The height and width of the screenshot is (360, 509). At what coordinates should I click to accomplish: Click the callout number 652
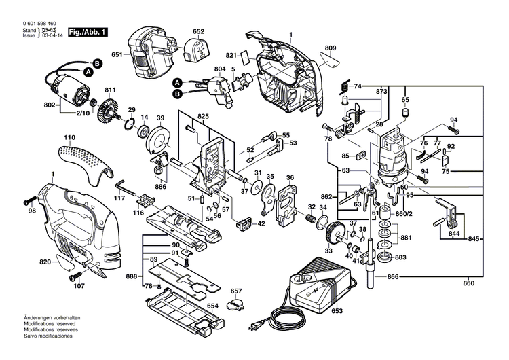tap(198, 32)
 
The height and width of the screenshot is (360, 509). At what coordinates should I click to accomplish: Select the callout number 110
tap(69, 138)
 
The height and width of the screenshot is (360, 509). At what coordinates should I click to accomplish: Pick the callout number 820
tap(45, 262)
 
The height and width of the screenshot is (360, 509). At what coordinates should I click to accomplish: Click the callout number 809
tap(331, 48)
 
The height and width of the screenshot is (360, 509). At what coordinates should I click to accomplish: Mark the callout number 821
tap(231, 55)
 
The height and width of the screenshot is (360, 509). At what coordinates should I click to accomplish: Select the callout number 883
tap(400, 257)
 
